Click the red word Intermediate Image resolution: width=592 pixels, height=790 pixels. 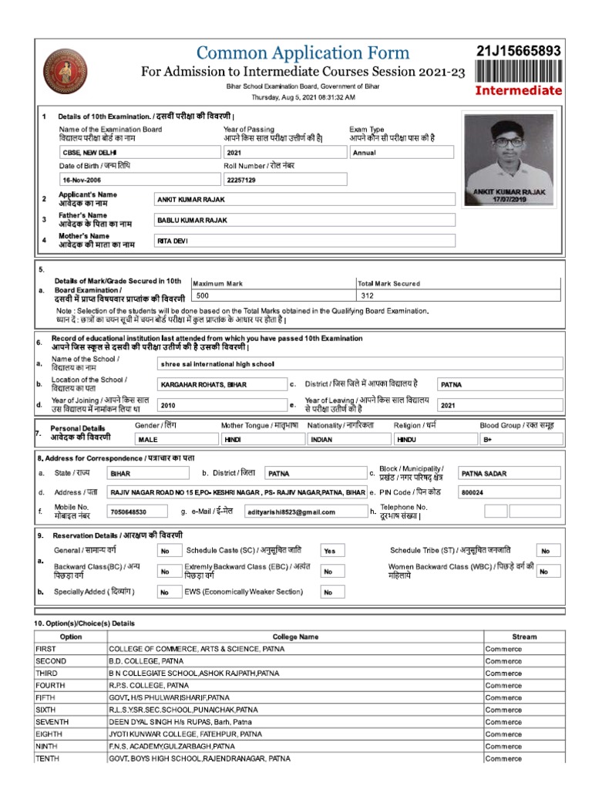coord(519,90)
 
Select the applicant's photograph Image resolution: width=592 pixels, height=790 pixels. coord(507,158)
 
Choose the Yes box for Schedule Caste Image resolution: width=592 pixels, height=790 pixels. coord(329,551)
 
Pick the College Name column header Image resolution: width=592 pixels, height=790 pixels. coord(295,637)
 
